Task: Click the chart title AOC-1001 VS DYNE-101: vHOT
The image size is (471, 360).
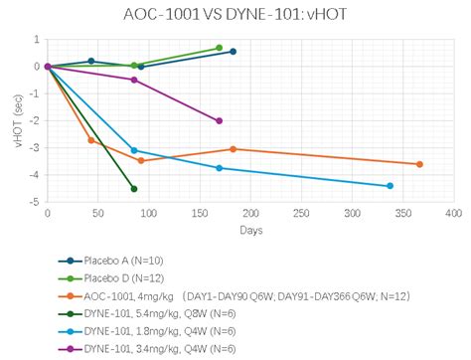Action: coord(235,15)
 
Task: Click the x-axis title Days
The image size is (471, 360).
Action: coord(250,231)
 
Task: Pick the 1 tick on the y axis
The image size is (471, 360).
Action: coord(36,40)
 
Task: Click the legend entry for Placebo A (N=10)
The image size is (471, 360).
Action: coord(120,260)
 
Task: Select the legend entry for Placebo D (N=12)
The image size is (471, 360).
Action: coord(120,277)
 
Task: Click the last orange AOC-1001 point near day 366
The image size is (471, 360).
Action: coord(419,164)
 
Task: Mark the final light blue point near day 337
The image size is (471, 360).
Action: coord(390,186)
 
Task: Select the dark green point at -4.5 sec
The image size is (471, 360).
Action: coord(134,189)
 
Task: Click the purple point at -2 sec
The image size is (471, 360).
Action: coord(220,121)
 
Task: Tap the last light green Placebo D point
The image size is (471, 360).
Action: coord(220,48)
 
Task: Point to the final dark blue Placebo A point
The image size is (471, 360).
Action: coord(234,52)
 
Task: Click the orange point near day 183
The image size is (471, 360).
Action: coord(234,149)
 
